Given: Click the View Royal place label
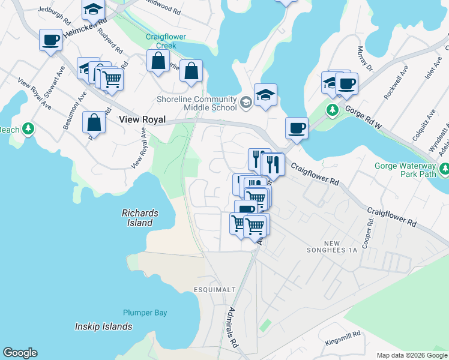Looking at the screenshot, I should (142, 120).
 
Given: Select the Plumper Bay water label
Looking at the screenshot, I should (145, 313).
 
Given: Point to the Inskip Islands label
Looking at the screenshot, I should (103, 327).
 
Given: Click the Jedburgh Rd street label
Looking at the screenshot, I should (59, 10).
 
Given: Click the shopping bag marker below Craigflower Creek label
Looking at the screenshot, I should (158, 61).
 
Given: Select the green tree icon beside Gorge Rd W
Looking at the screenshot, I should (332, 110).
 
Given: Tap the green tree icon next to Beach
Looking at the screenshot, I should (28, 129).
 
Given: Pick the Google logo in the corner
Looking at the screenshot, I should (20, 353).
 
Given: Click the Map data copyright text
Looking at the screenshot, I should (412, 355).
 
